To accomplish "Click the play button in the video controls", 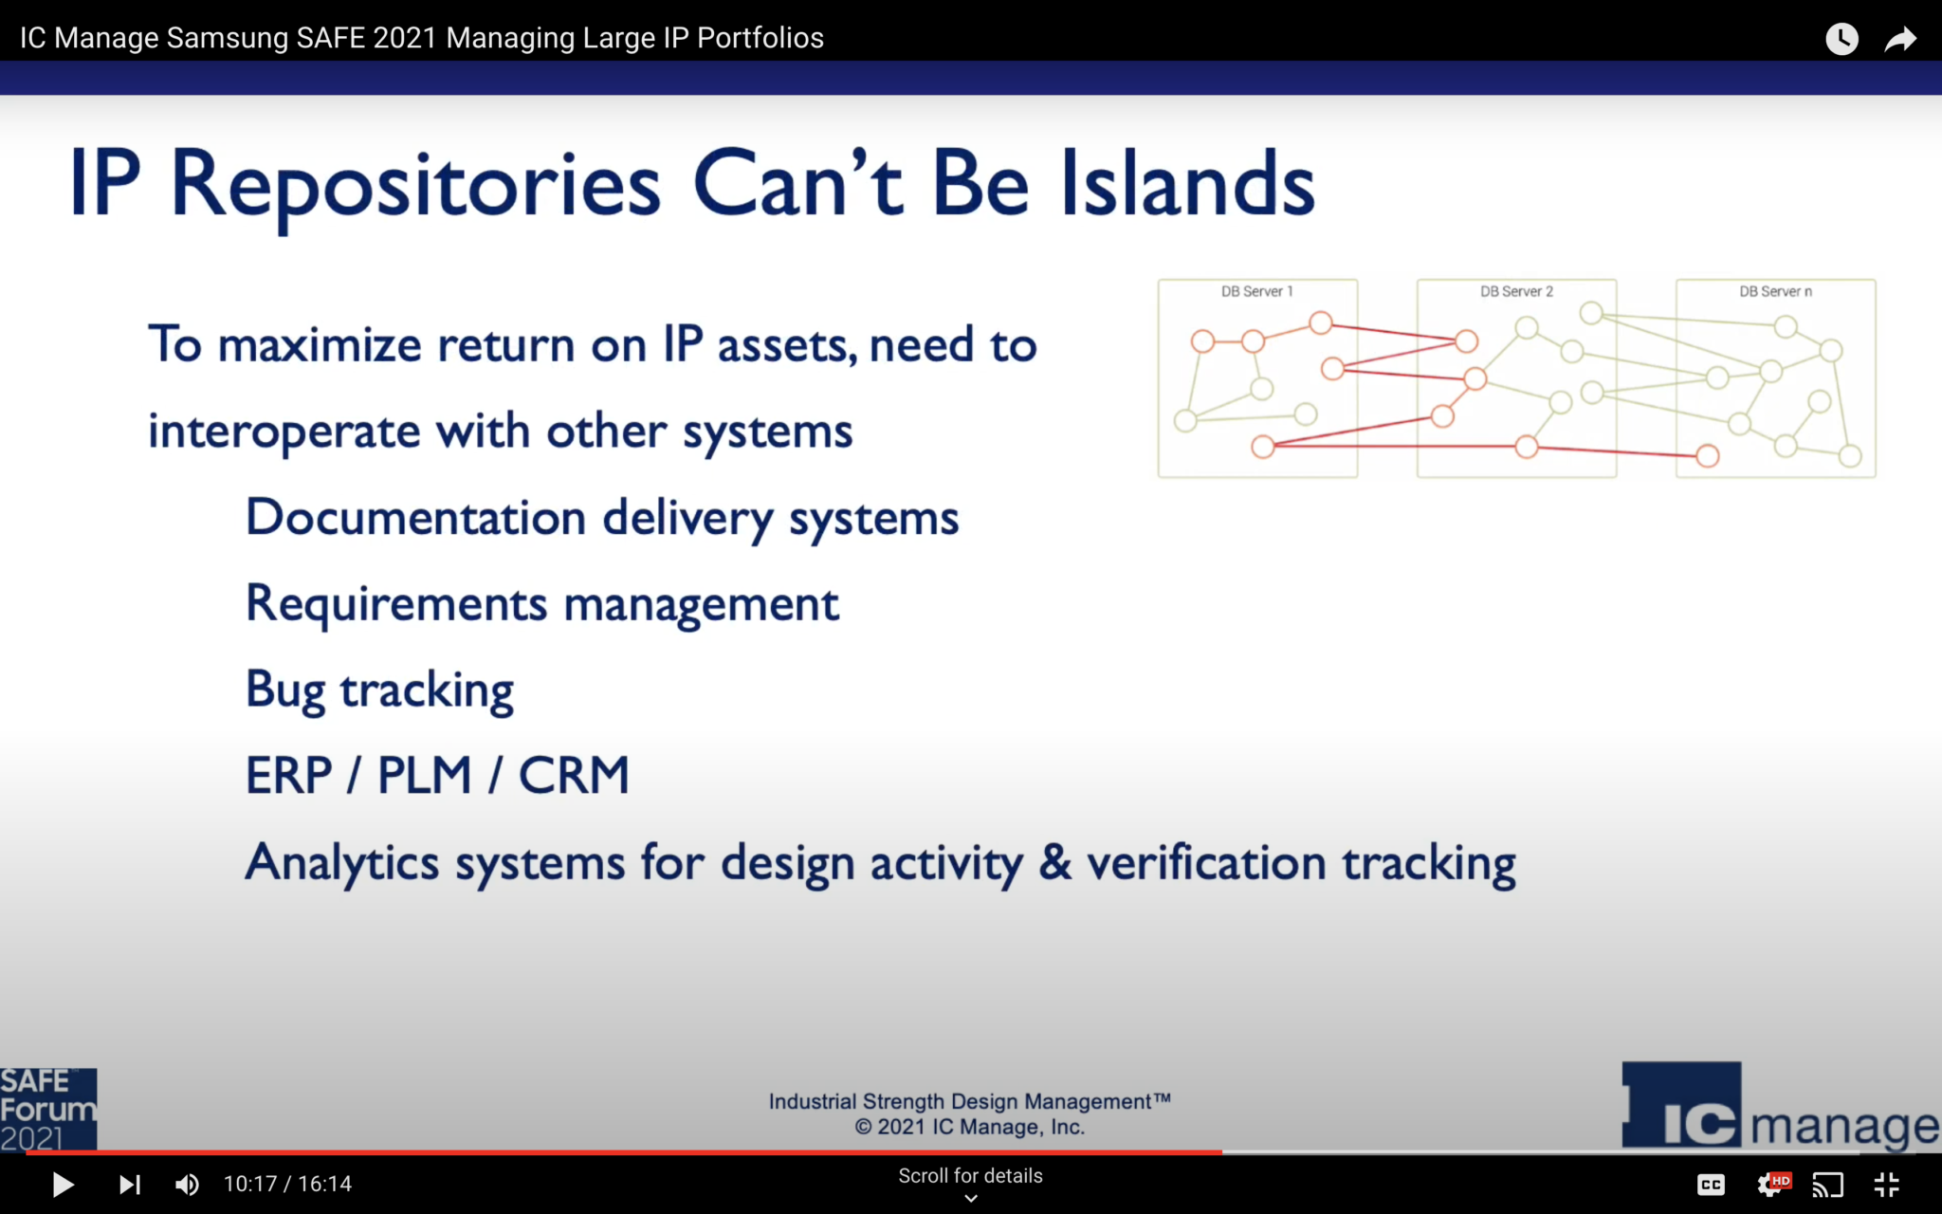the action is [x=63, y=1185].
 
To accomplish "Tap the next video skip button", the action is [x=130, y=1185].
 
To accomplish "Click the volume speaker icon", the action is [x=188, y=1185].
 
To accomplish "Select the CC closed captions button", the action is [x=1711, y=1185].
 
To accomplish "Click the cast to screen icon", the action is [x=1828, y=1185].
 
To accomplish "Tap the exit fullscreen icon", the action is [x=1887, y=1185].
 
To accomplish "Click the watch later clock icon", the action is [x=1841, y=39].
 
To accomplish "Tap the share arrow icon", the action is [x=1900, y=39].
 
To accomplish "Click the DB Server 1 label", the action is [x=1256, y=291].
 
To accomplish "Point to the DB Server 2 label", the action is [x=1516, y=291].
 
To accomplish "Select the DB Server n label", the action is [x=1775, y=291].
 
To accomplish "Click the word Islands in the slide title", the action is [x=1187, y=184].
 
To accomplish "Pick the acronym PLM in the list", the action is [x=424, y=776].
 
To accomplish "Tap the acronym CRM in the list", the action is [x=574, y=776].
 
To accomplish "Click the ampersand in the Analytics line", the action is [x=1054, y=862].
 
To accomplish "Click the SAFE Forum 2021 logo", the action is [x=47, y=1109].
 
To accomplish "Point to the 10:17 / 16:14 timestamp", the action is [x=287, y=1185].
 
